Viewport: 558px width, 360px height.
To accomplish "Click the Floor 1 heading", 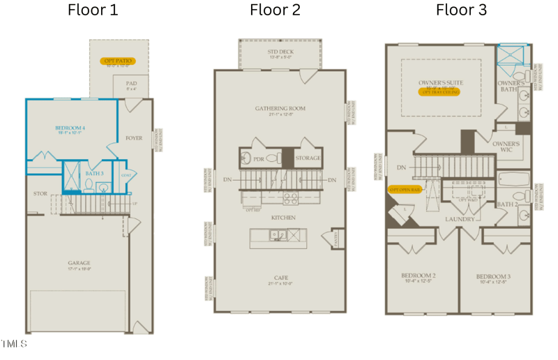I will (x=93, y=10).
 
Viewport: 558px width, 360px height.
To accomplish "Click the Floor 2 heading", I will (x=276, y=10).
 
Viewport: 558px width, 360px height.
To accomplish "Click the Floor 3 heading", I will (x=461, y=10).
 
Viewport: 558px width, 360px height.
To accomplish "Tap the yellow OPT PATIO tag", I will (x=118, y=61).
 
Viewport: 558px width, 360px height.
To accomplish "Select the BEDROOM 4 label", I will (x=70, y=128).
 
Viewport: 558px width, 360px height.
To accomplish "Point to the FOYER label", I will (x=134, y=138).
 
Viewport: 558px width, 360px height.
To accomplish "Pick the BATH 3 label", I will (x=94, y=173).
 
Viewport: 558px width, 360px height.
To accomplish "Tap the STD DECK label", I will (x=280, y=52).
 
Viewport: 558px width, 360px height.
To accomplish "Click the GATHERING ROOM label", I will (x=280, y=109).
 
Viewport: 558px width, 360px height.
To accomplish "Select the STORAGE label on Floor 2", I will (x=308, y=158).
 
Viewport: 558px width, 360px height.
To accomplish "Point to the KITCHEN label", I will (x=283, y=218).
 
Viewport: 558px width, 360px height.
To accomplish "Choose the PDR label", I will (x=259, y=159).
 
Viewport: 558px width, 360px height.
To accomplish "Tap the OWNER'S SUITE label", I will (x=440, y=83).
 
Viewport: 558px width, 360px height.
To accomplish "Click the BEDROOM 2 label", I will (x=418, y=276).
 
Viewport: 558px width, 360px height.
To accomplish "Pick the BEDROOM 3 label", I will (x=493, y=276).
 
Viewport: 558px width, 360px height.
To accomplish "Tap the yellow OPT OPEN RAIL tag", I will (x=405, y=190).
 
